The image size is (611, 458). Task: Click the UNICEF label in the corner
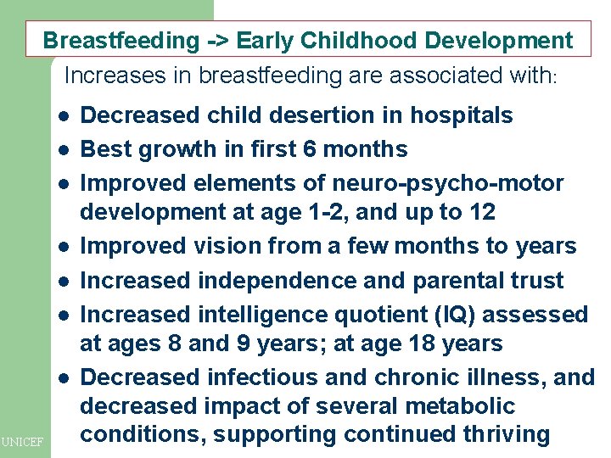pyautogui.click(x=22, y=442)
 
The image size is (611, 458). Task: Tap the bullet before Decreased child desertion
pyautogui.click(x=64, y=116)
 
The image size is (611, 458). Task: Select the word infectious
pyautogui.click(x=254, y=377)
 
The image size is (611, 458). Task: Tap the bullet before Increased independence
pyautogui.click(x=64, y=281)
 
